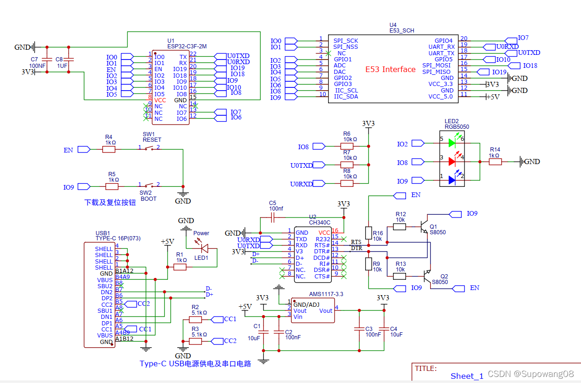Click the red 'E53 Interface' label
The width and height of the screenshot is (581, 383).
390,69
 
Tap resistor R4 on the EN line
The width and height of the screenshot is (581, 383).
109,149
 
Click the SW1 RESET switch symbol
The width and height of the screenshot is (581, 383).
148,148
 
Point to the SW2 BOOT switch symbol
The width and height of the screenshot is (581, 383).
148,186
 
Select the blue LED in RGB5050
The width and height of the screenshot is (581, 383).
452,180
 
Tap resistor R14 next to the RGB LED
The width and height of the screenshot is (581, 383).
495,162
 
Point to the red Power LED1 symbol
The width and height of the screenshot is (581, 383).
202,249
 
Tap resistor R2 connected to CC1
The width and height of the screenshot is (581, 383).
195,319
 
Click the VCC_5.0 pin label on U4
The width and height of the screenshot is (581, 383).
441,96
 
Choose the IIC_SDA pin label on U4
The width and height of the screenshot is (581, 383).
346,96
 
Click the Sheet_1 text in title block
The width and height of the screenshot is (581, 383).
467,376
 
